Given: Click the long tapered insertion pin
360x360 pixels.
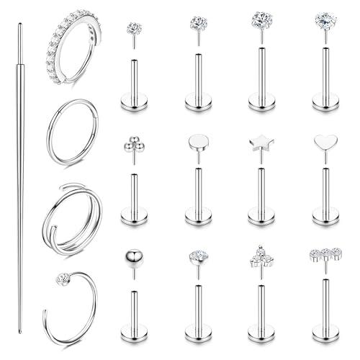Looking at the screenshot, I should click(20, 180).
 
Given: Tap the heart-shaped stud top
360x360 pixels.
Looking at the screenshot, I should click(324, 143).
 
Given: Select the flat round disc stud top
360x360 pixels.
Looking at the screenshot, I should click(197, 142).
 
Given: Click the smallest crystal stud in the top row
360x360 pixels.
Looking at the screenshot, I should click(134, 29).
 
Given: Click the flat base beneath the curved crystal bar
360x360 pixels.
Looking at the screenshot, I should click(325, 333).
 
